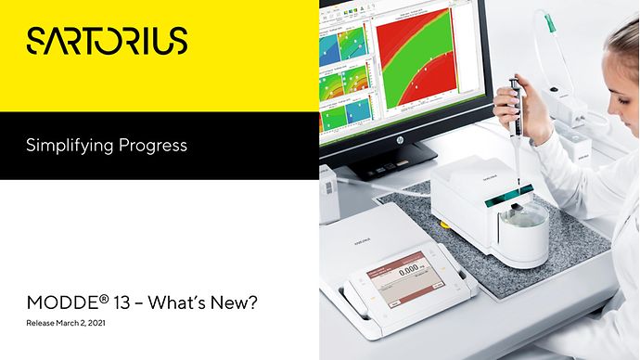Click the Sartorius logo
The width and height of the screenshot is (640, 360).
108,40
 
